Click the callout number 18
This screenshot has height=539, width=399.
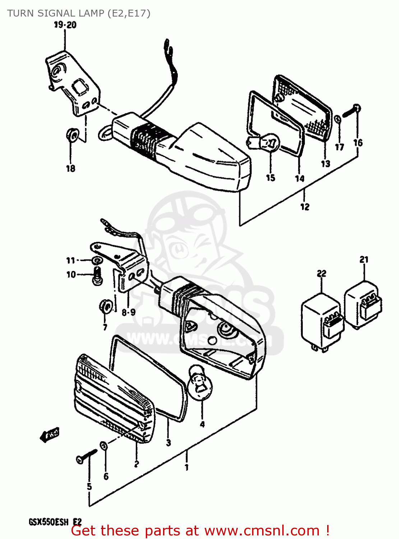[x=70, y=168]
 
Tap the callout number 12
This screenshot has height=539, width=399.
[x=305, y=207]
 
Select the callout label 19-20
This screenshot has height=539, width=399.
[x=65, y=25]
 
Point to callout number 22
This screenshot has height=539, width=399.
[x=321, y=273]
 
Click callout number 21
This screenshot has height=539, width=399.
[x=364, y=259]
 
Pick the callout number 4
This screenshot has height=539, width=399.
[x=202, y=424]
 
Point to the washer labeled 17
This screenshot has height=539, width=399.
[x=338, y=119]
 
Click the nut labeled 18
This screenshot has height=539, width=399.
[x=72, y=135]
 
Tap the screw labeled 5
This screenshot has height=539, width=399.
[x=86, y=456]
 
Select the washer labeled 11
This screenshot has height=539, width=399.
[x=96, y=260]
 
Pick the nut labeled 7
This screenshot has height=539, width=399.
[x=105, y=306]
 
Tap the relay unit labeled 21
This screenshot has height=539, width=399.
[x=363, y=304]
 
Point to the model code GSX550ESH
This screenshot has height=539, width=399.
[x=49, y=522]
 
